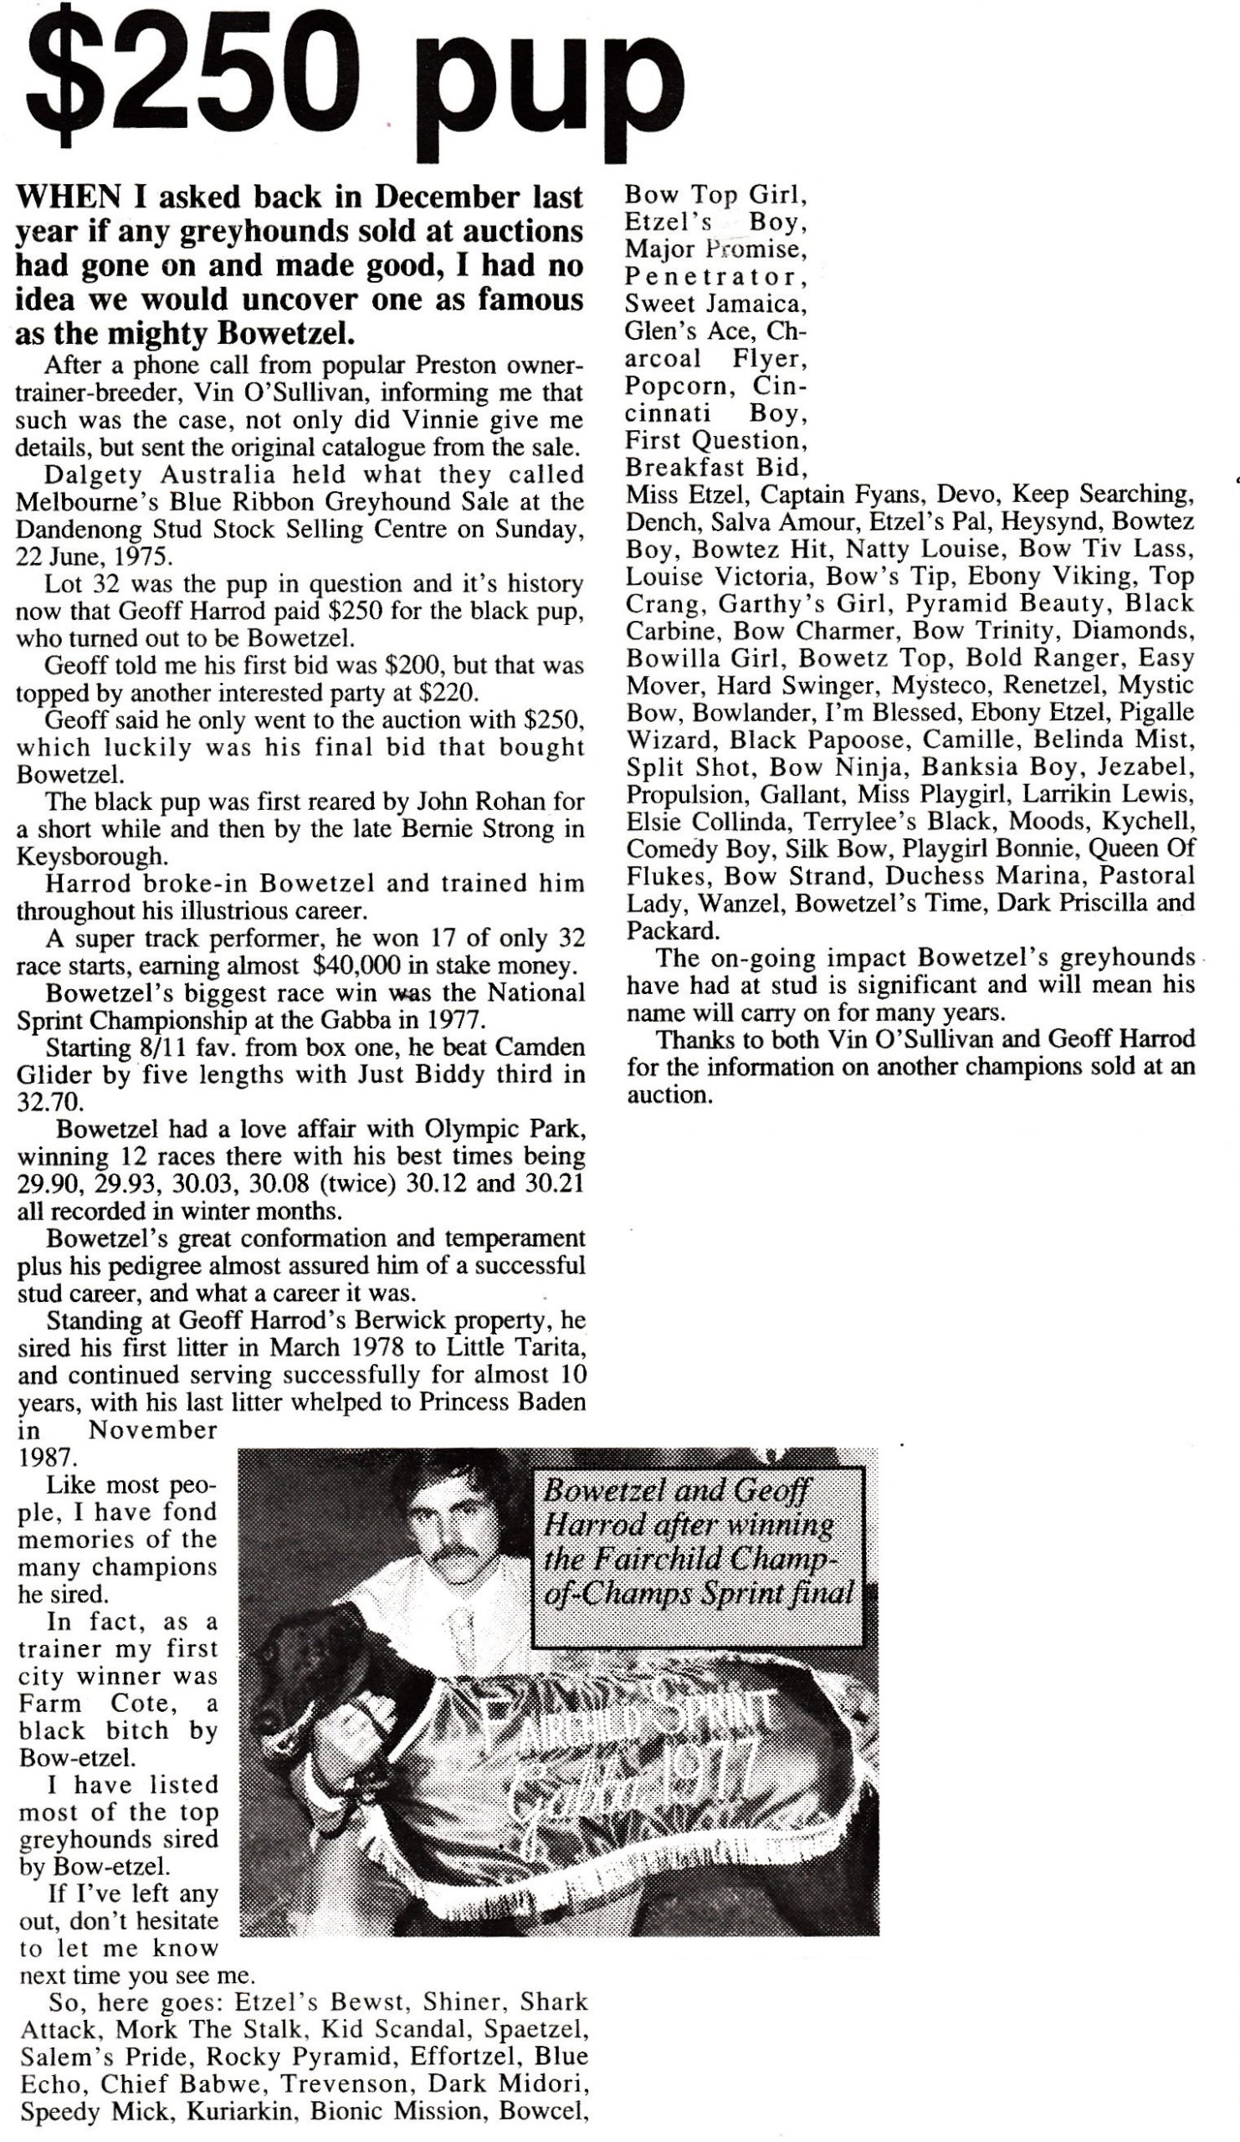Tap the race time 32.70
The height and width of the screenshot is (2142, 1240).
(x=50, y=1103)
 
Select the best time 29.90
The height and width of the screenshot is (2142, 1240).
(x=49, y=1184)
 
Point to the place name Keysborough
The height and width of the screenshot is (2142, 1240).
(x=90, y=856)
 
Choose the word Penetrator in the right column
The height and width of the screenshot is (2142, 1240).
(x=714, y=277)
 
